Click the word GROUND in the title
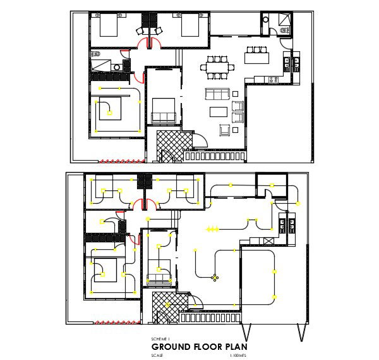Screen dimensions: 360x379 173,347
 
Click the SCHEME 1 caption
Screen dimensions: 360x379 160,340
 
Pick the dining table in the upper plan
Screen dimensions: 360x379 217,65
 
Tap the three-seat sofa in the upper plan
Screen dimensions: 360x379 218,95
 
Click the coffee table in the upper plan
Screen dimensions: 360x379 219,112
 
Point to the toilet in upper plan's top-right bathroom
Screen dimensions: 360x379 266,20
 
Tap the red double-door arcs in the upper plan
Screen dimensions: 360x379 150,42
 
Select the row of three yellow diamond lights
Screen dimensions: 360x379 210,228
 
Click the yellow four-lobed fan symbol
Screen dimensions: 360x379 215,277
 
